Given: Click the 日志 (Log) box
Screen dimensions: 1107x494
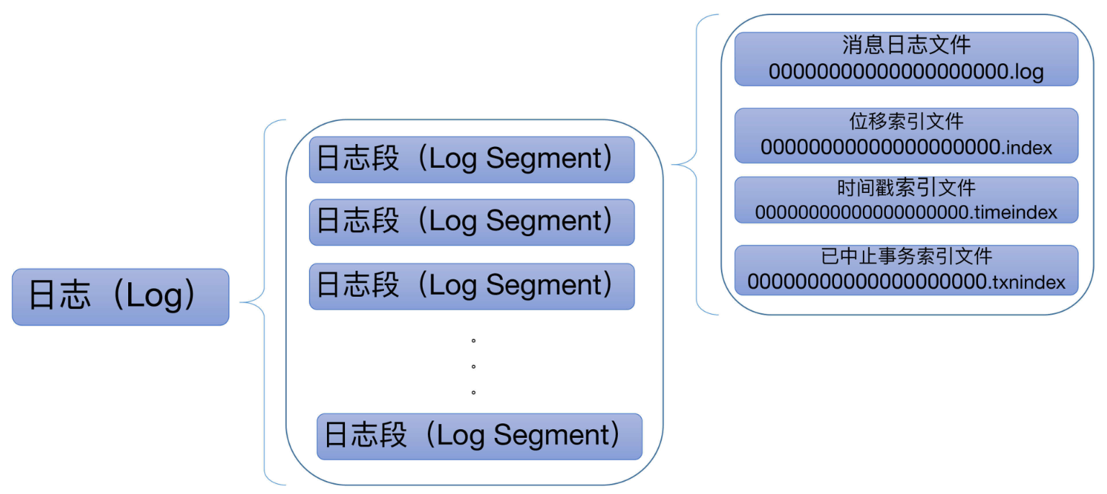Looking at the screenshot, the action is [120, 297].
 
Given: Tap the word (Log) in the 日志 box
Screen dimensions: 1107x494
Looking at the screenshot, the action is [154, 295].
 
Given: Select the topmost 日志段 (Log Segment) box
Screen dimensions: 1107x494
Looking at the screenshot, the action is [472, 160].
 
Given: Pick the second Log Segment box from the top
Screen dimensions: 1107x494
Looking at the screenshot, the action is [472, 223].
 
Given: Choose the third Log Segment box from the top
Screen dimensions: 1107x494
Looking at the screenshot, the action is [472, 287].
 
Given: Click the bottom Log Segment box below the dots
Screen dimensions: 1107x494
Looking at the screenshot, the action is [480, 436].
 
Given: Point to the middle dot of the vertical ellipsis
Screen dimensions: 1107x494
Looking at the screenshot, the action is [473, 367].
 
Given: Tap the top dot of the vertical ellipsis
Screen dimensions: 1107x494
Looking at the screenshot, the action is [473, 341].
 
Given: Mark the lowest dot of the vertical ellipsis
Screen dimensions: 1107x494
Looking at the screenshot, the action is [473, 392].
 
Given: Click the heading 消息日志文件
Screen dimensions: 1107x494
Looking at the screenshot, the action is [906, 45].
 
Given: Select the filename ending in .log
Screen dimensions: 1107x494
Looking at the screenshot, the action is [906, 71].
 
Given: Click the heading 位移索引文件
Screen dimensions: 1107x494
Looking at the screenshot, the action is [906, 121].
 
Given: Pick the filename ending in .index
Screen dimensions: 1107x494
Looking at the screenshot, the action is [906, 147].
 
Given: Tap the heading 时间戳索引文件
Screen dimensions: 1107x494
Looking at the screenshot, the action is [906, 188].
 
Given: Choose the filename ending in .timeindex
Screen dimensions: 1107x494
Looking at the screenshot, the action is [906, 212].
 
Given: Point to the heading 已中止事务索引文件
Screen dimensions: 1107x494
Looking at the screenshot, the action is [906, 256].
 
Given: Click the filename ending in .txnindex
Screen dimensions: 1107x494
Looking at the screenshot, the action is [906, 282].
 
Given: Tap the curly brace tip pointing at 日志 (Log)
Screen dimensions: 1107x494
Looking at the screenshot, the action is [241, 302].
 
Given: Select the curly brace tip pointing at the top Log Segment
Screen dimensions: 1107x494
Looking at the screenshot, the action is [673, 164].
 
